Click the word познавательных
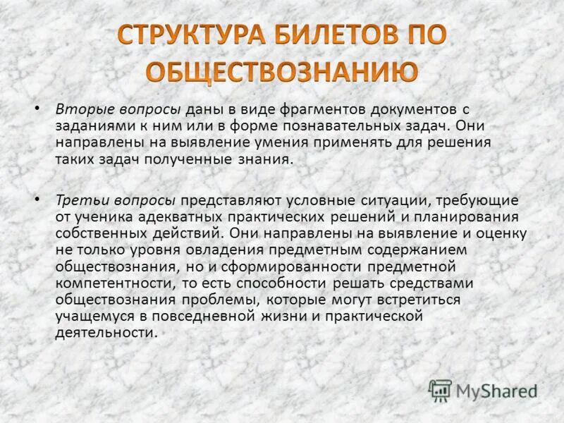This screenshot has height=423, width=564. point(313,125)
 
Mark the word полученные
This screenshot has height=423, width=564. point(190,159)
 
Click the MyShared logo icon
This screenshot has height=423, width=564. point(440,390)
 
